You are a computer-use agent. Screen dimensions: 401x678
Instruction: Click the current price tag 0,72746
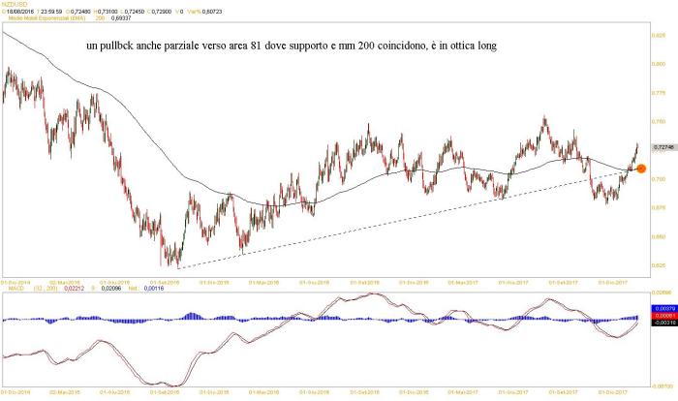click(664, 146)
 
